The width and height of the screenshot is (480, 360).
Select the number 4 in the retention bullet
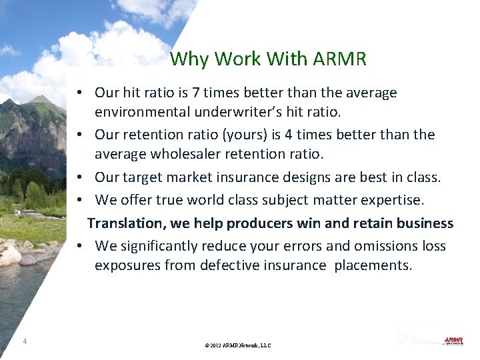click(x=288, y=135)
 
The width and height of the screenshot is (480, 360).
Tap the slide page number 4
click(x=25, y=341)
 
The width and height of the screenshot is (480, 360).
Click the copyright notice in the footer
click(x=238, y=345)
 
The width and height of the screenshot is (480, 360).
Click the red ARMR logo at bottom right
click(x=453, y=341)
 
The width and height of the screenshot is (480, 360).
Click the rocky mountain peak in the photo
click(x=41, y=101)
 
